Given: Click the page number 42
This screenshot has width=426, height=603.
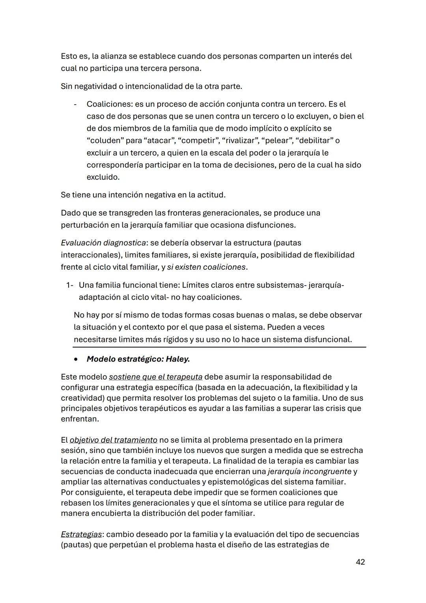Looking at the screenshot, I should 360,562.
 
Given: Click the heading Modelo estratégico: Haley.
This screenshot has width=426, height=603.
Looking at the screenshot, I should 138,359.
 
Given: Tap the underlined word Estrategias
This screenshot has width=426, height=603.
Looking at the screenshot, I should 81,534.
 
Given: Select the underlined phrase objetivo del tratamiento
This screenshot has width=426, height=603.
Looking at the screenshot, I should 113,440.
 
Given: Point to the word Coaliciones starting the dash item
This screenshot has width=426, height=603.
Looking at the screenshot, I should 109,104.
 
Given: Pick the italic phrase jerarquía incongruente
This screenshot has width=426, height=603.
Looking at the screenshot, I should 309,472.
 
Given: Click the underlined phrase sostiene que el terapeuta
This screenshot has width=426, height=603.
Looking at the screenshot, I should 155,377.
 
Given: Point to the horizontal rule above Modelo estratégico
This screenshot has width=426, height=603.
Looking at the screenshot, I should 219,348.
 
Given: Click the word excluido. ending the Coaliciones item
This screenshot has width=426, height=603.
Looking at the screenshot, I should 103,177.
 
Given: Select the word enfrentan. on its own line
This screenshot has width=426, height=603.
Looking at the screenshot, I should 80,419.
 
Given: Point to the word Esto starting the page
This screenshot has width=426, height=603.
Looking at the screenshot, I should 69,56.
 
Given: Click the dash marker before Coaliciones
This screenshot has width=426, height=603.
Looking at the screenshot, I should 74,105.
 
